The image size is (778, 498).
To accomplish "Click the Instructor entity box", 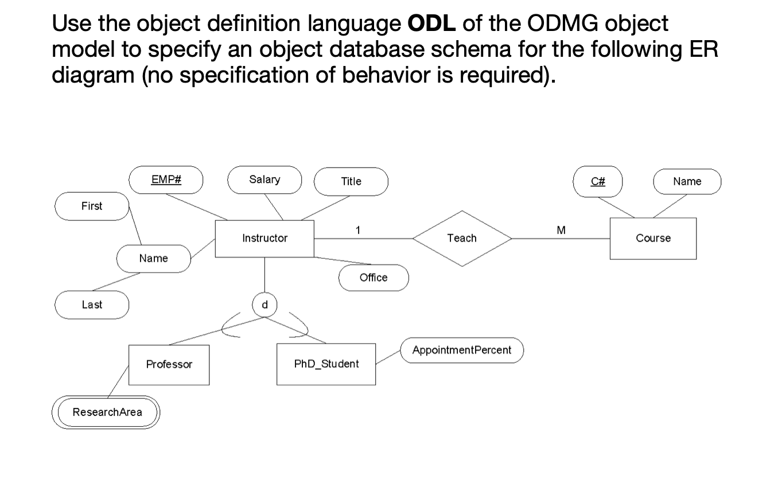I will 264,238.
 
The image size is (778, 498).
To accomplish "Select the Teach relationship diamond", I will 462,238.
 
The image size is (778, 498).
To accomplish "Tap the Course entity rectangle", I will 653,238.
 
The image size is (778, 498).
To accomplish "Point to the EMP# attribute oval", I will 166,180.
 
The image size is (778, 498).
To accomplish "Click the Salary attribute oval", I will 264,180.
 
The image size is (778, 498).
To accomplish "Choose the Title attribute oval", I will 351,181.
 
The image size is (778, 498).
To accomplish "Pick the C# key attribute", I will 598,181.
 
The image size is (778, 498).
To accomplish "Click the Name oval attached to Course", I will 687,181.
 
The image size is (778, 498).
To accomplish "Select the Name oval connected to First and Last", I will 154,258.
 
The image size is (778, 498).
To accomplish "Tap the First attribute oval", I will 92,206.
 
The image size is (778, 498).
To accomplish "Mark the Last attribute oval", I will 92,305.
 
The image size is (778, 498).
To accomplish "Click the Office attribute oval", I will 374,278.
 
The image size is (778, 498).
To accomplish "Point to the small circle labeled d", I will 264,305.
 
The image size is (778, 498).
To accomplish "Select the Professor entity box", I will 169,364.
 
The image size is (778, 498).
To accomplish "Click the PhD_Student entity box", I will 326,364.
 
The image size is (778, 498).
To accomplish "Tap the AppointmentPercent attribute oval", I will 462,350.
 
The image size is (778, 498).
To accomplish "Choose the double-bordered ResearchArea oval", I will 107,412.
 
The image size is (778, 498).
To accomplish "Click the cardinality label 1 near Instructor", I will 358,231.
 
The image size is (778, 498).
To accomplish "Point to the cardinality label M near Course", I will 561,231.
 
